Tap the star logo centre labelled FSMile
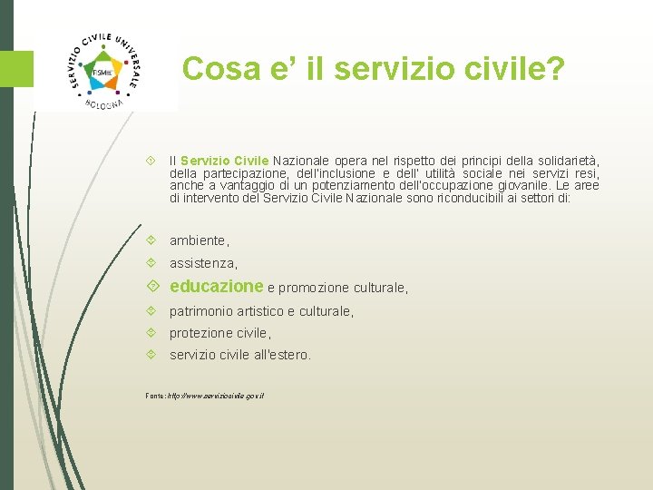pos(102,72)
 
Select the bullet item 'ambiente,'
pos(200,240)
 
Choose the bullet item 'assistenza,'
pos(203,263)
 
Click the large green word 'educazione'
pos(216,287)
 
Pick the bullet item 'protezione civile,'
pos(220,333)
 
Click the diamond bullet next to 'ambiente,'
pos(151,240)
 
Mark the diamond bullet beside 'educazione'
pos(151,287)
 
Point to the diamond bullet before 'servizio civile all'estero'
pos(151,355)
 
